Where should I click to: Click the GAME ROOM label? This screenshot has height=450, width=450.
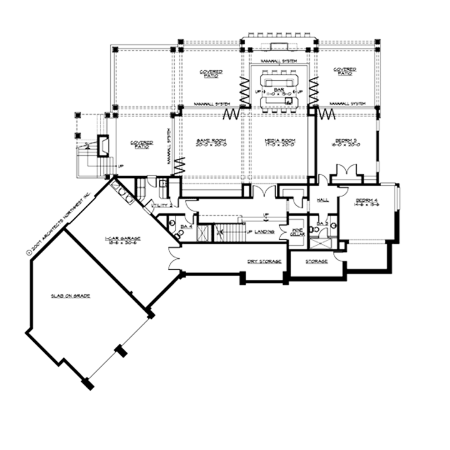click(x=215, y=141)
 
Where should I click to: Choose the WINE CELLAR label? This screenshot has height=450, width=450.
click(x=297, y=231)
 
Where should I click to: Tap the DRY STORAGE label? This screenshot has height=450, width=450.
click(x=263, y=261)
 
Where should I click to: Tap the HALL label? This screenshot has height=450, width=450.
click(x=323, y=201)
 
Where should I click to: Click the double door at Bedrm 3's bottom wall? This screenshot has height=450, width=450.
click(x=346, y=172)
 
